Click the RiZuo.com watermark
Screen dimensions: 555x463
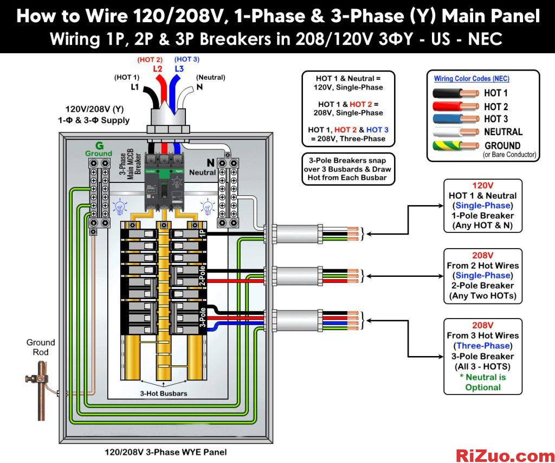click(x=505, y=454)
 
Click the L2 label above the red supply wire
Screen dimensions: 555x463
click(x=158, y=69)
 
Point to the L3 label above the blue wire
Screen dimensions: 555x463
click(x=179, y=68)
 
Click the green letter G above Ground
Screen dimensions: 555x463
click(x=100, y=145)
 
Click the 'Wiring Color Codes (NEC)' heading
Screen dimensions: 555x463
click(x=472, y=79)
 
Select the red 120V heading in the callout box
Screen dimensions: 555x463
click(x=483, y=186)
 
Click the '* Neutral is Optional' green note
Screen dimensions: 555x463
click(x=483, y=382)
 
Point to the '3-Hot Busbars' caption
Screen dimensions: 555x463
click(x=164, y=394)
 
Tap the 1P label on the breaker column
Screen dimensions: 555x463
click(x=202, y=233)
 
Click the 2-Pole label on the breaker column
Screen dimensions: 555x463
click(x=202, y=275)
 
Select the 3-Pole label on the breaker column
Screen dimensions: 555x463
click(x=203, y=318)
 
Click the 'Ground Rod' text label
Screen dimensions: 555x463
click(x=41, y=347)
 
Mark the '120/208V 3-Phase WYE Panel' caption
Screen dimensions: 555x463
click(x=166, y=452)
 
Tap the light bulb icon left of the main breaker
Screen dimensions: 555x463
click(x=120, y=206)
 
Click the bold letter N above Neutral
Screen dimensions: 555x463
click(x=211, y=163)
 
